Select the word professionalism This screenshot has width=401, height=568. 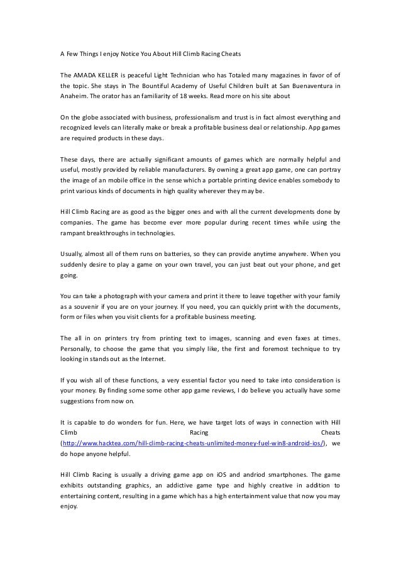[191, 117]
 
